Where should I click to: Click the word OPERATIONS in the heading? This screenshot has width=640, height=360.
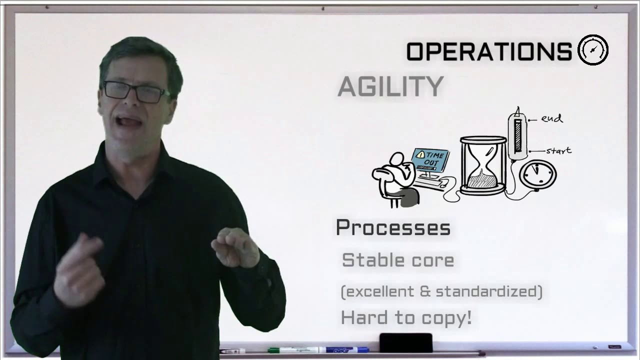click(489, 51)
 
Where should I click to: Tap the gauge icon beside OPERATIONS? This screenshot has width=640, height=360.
click(593, 50)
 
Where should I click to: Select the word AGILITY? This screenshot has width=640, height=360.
click(390, 87)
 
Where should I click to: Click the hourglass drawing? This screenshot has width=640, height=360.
click(482, 166)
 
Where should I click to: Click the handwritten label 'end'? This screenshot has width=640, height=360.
click(551, 119)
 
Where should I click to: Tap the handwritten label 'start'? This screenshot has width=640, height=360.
click(558, 150)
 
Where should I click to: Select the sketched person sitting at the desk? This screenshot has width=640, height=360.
click(396, 179)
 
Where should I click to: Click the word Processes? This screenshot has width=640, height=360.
click(393, 228)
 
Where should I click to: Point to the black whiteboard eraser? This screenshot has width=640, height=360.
click(405, 343)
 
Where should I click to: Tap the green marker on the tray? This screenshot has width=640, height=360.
click(293, 349)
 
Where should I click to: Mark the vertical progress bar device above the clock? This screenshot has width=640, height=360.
click(517, 135)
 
